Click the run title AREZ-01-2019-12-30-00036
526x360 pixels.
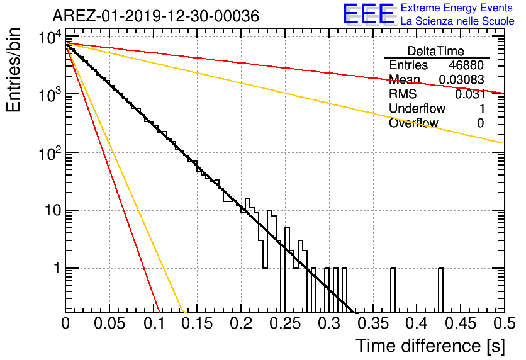[155, 16]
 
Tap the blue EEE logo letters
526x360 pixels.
[369, 14]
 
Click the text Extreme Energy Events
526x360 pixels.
[457, 8]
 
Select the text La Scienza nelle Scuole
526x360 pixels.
[457, 21]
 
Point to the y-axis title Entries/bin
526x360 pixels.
[13, 70]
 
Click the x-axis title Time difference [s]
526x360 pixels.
[430, 346]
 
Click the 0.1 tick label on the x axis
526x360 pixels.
[155, 323]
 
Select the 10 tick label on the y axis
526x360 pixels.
[53, 211]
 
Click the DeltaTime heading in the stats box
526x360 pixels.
[436, 51]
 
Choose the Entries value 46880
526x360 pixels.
[466, 65]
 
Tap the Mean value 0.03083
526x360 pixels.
[461, 80]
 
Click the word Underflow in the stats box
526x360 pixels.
[417, 108]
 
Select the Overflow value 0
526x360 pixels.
[480, 123]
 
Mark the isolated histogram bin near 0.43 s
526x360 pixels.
[441, 291]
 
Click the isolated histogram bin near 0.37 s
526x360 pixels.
[393, 291]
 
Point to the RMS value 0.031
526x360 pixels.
[469, 94]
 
